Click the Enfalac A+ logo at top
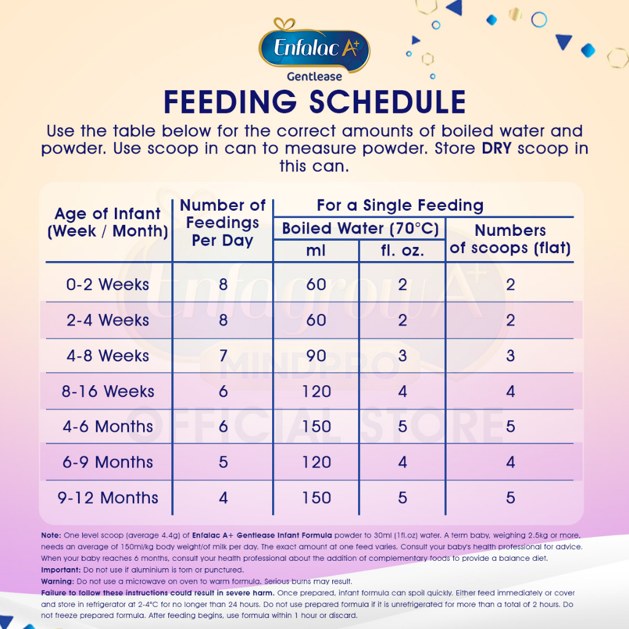(314, 48)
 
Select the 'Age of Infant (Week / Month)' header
(108, 222)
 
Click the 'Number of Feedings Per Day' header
(222, 222)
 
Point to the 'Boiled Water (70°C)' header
(360, 229)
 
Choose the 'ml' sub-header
(316, 251)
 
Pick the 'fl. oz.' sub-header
(402, 251)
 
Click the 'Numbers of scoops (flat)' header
(510, 239)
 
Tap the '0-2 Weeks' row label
(108, 284)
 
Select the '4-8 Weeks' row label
(108, 356)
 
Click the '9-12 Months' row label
(108, 498)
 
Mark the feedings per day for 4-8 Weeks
(223, 356)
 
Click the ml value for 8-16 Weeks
(316, 391)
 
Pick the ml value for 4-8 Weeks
(316, 356)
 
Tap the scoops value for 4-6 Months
(510, 426)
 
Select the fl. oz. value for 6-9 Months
(402, 462)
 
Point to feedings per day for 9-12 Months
(223, 498)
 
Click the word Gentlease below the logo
(314, 77)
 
